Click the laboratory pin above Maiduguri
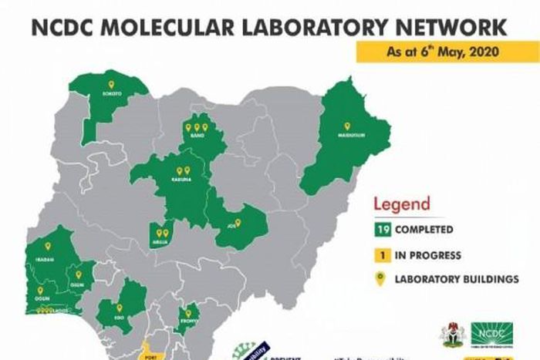pyautogui.click(x=346, y=126)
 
